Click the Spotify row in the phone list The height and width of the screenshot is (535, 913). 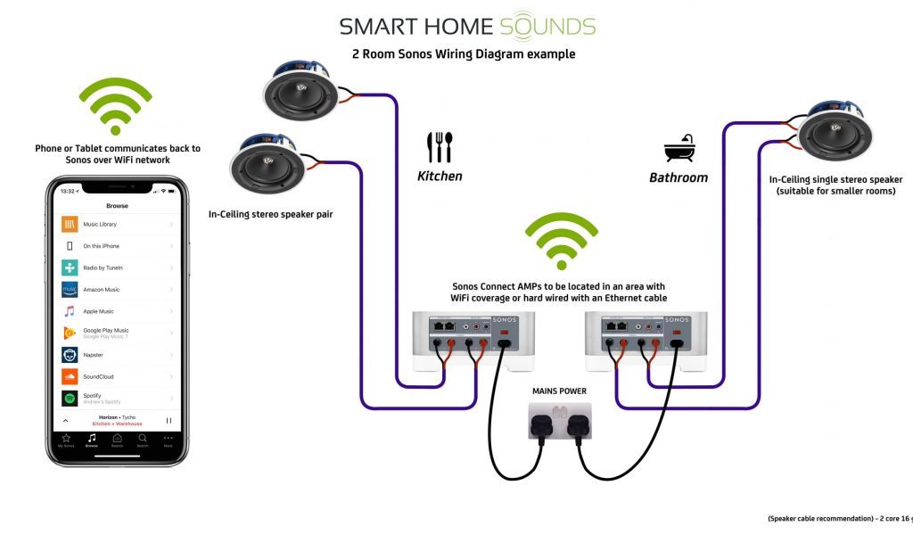tap(116, 399)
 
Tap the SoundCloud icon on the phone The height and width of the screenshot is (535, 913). tap(70, 376)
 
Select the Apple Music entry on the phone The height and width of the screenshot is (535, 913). tap(116, 311)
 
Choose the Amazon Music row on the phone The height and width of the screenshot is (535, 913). tap(116, 290)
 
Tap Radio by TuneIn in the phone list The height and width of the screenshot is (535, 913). tap(116, 267)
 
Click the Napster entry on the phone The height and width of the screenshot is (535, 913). tap(116, 355)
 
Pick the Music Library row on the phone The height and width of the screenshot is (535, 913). tap(116, 224)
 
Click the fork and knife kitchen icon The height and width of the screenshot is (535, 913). tap(440, 147)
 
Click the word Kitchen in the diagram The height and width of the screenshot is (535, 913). tap(440, 177)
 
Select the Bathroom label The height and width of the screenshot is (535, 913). tap(679, 177)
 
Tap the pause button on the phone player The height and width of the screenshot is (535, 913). tap(169, 420)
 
